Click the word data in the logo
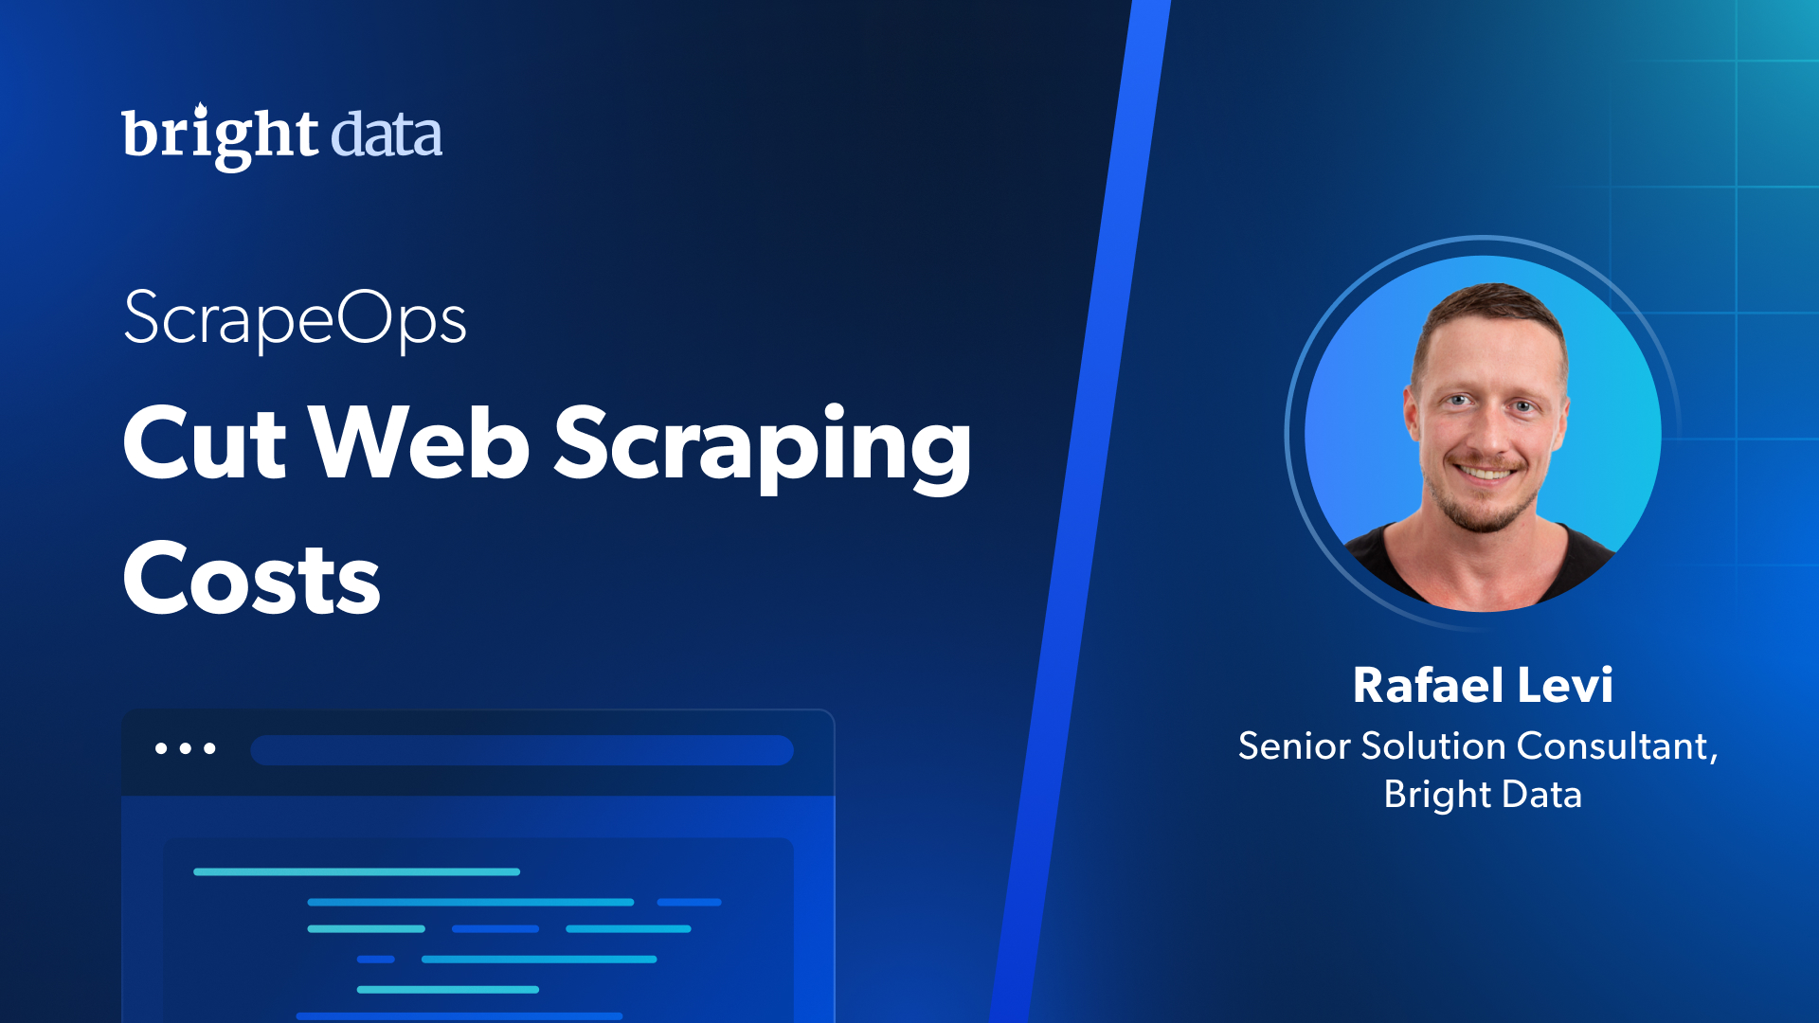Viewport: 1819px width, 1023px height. point(387,135)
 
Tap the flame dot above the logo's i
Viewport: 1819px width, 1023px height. point(201,112)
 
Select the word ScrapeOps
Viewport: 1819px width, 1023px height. point(295,320)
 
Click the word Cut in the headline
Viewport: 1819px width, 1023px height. point(205,442)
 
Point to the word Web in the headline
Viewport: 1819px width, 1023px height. point(420,441)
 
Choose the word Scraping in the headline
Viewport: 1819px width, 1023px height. point(763,447)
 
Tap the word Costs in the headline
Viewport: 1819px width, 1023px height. point(252,579)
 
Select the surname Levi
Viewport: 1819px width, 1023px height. point(1565,685)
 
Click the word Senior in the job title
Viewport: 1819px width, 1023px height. point(1294,746)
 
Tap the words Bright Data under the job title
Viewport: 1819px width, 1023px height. point(1483,795)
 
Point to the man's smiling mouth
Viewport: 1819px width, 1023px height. point(1486,471)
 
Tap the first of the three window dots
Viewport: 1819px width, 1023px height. point(161,748)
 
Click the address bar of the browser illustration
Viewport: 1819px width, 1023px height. point(522,750)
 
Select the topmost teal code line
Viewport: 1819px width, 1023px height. point(357,871)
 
